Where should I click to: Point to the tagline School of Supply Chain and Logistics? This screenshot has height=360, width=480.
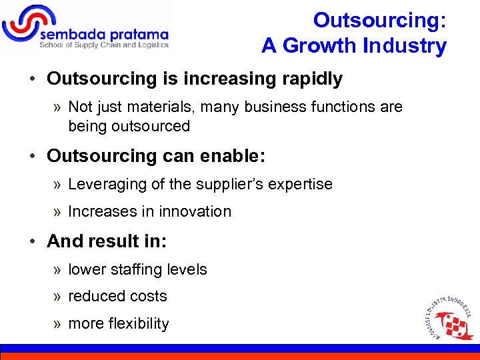pyautogui.click(x=104, y=45)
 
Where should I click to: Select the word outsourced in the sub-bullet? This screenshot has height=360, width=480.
pyautogui.click(x=151, y=126)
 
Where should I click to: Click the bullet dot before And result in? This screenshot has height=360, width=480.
pyautogui.click(x=32, y=241)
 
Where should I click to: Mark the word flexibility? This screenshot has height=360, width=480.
pyautogui.click(x=137, y=323)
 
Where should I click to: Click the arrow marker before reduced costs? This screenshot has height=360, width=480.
pyautogui.click(x=58, y=297)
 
